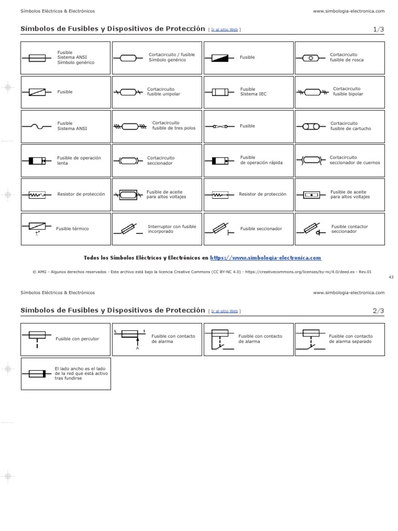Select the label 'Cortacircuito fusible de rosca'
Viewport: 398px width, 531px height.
[x=347, y=57]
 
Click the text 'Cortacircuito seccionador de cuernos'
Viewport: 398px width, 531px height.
[x=354, y=160]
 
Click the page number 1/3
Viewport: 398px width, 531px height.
[x=378, y=30]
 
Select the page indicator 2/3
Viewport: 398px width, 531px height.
[x=378, y=311]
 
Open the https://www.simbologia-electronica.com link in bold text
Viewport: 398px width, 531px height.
[x=265, y=258]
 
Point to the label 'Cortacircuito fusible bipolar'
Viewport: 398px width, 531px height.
[x=348, y=91]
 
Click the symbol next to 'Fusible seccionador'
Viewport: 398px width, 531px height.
[x=220, y=229]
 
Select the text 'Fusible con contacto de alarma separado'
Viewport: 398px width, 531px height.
[x=350, y=339]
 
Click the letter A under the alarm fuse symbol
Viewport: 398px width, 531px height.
[x=137, y=348]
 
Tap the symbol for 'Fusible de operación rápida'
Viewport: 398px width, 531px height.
[x=220, y=161]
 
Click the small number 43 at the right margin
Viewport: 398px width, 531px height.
[x=391, y=277]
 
